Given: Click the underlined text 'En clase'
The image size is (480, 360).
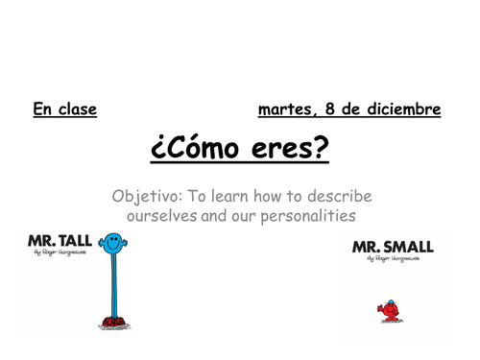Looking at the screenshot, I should [x=65, y=109].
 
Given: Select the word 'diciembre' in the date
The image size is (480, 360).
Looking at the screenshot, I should [x=401, y=109].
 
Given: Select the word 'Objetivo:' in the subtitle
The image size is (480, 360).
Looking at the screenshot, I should [x=146, y=196].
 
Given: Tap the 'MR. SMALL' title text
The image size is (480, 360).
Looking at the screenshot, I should [x=393, y=247].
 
